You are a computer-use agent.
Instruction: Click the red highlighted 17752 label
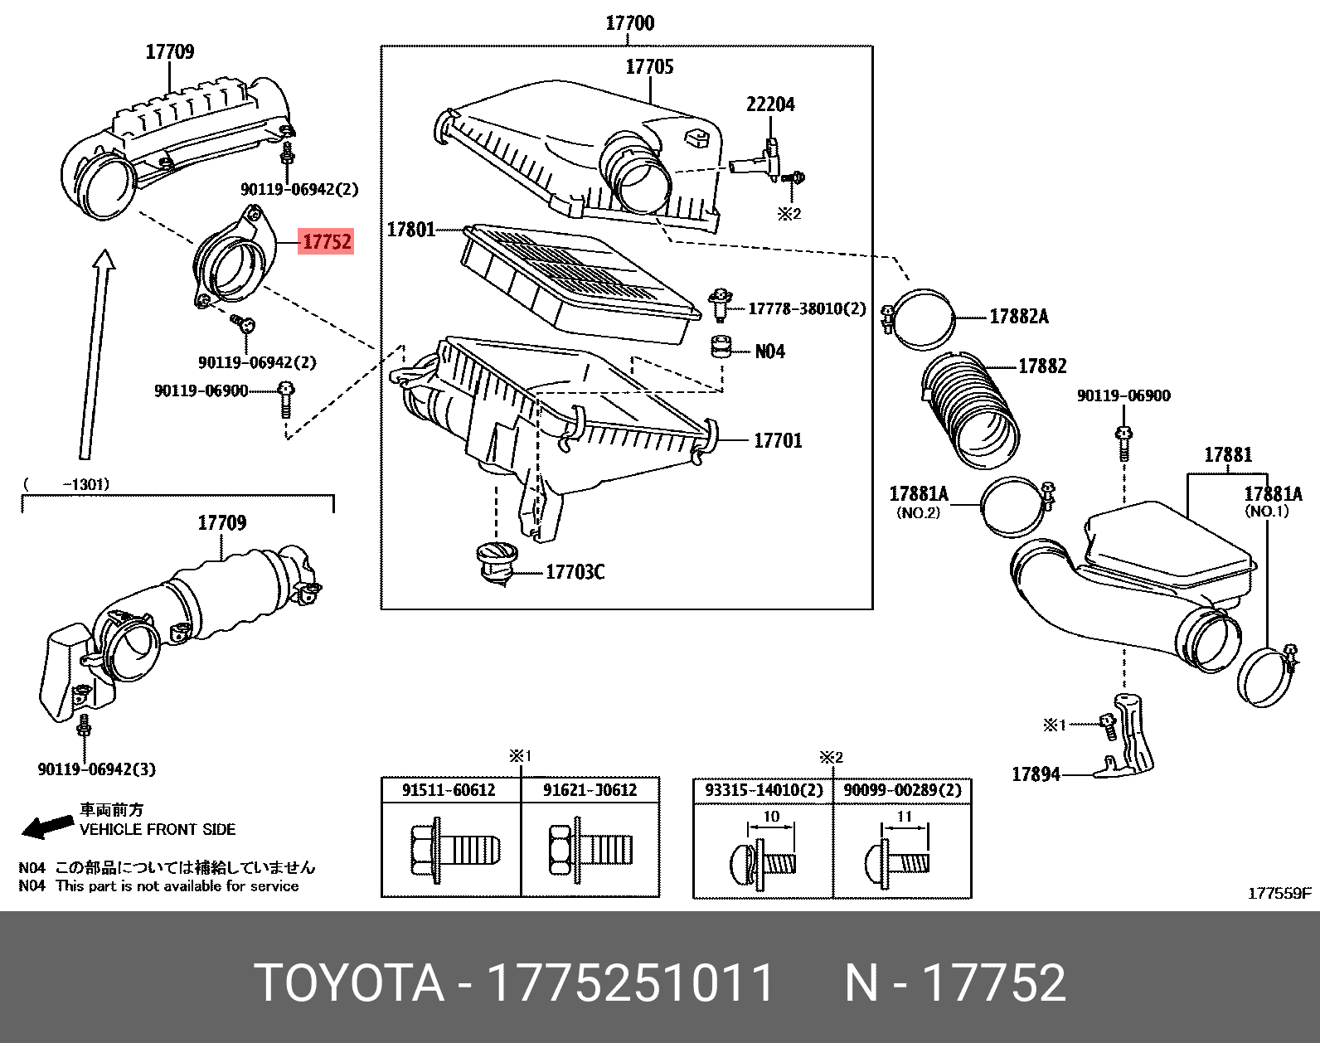(x=327, y=241)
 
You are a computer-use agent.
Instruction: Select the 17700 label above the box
(x=629, y=23)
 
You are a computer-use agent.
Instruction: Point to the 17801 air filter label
(x=410, y=229)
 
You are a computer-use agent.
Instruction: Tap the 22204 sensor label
(x=769, y=104)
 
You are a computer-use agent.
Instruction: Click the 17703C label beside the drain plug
(x=575, y=572)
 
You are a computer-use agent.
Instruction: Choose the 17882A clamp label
(x=1018, y=317)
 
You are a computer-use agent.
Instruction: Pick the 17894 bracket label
(x=1036, y=774)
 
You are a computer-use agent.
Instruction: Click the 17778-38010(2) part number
(x=806, y=309)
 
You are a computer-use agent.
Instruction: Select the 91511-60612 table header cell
(x=449, y=790)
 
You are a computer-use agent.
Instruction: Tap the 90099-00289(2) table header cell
(x=902, y=790)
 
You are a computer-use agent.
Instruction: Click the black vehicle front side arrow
(x=47, y=826)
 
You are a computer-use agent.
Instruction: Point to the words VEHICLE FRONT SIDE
(x=158, y=829)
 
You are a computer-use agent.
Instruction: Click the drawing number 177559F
(x=1279, y=893)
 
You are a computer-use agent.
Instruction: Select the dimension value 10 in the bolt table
(x=771, y=817)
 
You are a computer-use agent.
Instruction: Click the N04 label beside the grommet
(x=769, y=352)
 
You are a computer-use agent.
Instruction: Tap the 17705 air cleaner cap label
(x=649, y=67)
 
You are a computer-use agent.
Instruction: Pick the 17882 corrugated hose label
(x=1042, y=366)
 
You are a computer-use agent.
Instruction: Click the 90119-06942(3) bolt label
(x=96, y=769)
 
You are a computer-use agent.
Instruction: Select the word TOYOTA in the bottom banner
(x=348, y=983)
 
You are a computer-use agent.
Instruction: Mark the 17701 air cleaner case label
(x=778, y=441)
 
